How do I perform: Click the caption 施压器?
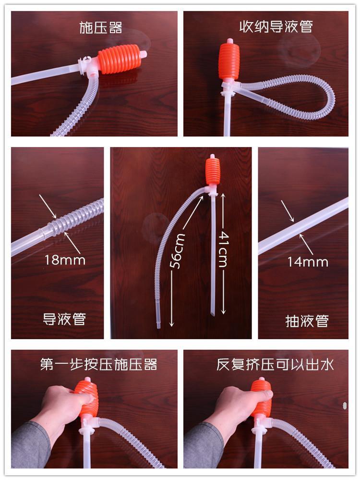click(101, 27)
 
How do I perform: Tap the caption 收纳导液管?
click(276, 26)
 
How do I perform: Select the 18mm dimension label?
click(65, 260)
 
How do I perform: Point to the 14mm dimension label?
click(308, 262)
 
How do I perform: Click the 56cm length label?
click(178, 251)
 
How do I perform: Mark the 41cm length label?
click(224, 249)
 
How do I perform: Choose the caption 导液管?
click(64, 319)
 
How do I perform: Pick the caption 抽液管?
click(307, 321)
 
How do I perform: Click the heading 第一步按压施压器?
click(98, 365)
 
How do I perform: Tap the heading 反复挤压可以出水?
click(275, 365)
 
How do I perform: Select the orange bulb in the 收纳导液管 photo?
click(229, 61)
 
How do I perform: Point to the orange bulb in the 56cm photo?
click(212, 171)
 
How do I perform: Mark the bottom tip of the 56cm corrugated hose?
click(158, 327)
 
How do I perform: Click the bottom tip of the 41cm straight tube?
click(213, 314)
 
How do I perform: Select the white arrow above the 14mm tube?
click(288, 211)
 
